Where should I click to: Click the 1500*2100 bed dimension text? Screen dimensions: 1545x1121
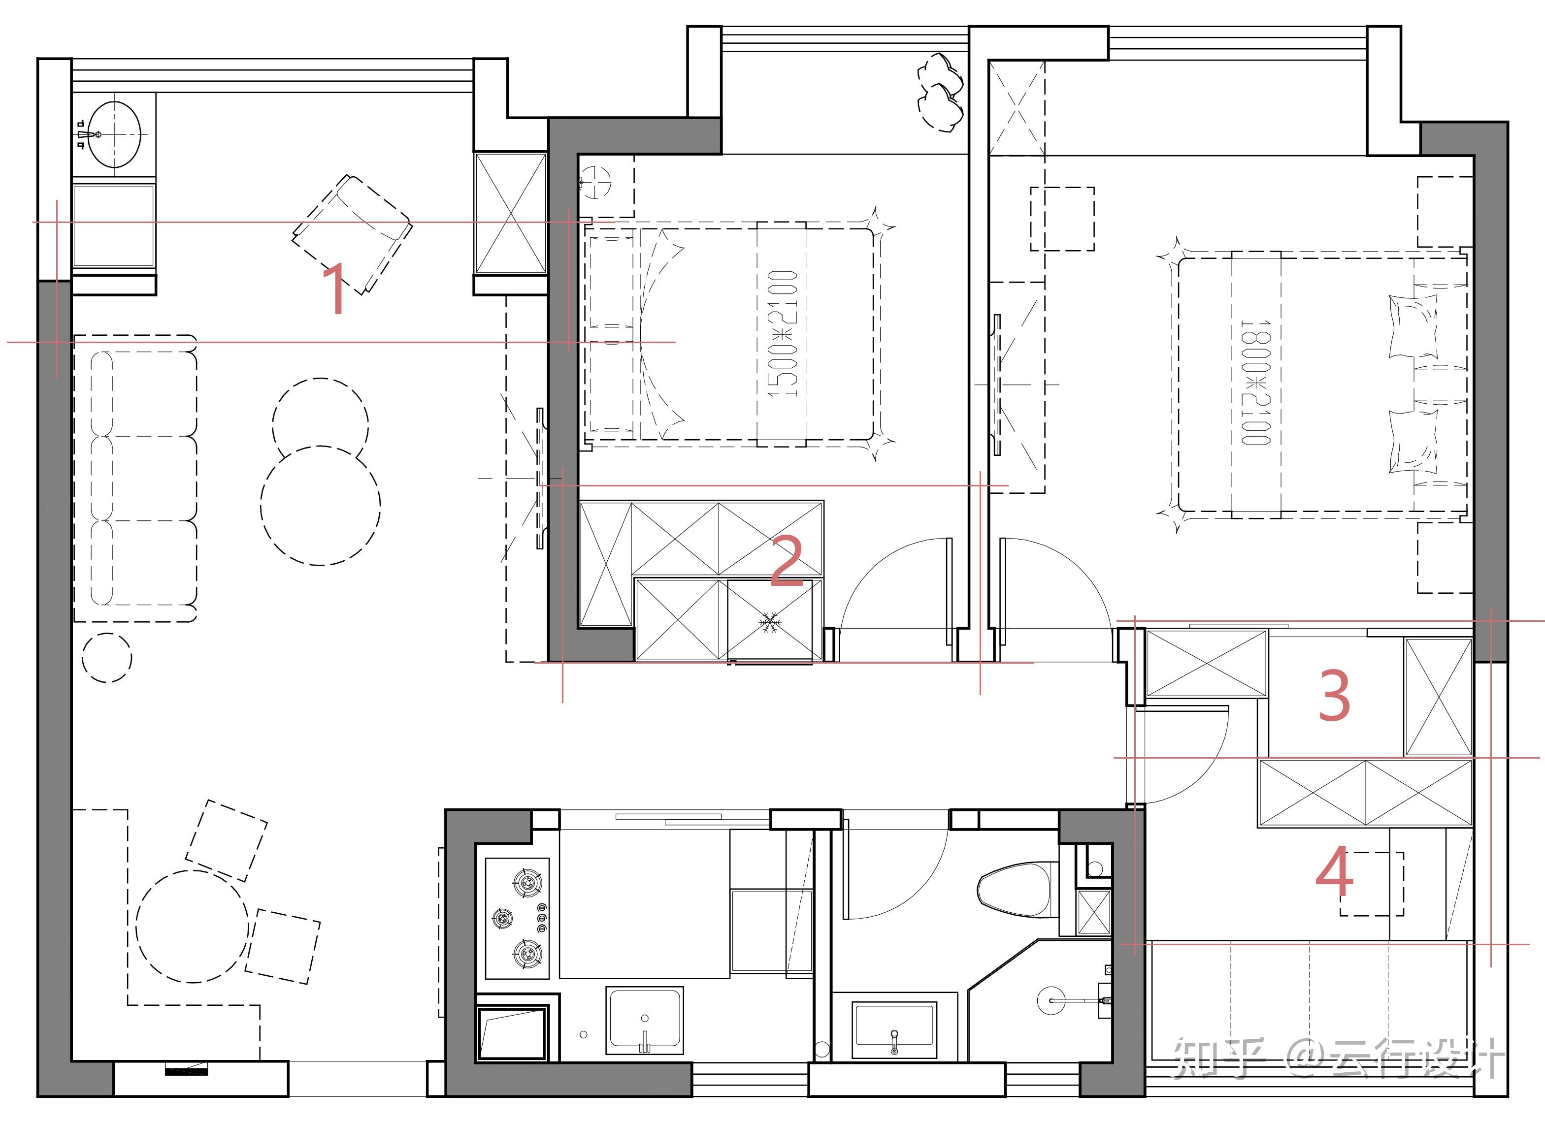click(x=782, y=334)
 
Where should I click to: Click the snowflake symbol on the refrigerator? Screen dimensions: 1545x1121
click(x=770, y=622)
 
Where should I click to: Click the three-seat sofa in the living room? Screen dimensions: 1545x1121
click(x=135, y=478)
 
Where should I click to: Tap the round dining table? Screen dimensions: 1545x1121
click(x=192, y=926)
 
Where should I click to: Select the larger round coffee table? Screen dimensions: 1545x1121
click(x=320, y=505)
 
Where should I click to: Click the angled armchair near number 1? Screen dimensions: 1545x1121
click(x=352, y=233)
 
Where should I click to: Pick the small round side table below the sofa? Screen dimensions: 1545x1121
click(x=107, y=657)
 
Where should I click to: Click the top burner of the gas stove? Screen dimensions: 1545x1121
click(x=526, y=883)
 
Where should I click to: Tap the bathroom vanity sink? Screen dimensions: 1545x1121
click(x=894, y=1028)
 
